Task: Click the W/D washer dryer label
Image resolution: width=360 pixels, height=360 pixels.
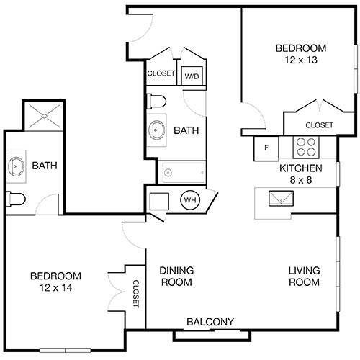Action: [x=192, y=76]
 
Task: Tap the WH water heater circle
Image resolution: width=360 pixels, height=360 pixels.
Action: [x=190, y=199]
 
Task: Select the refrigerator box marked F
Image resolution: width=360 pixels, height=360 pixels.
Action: [x=266, y=149]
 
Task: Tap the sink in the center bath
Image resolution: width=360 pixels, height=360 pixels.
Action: [x=157, y=130]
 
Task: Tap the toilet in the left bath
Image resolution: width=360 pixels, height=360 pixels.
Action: [x=17, y=198]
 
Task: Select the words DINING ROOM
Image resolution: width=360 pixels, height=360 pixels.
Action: [x=175, y=276]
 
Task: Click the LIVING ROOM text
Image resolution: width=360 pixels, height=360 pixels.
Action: [x=304, y=276]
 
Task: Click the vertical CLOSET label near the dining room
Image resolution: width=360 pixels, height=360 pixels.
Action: [x=135, y=294]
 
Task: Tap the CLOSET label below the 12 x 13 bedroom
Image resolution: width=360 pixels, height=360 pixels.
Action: [x=319, y=125]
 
